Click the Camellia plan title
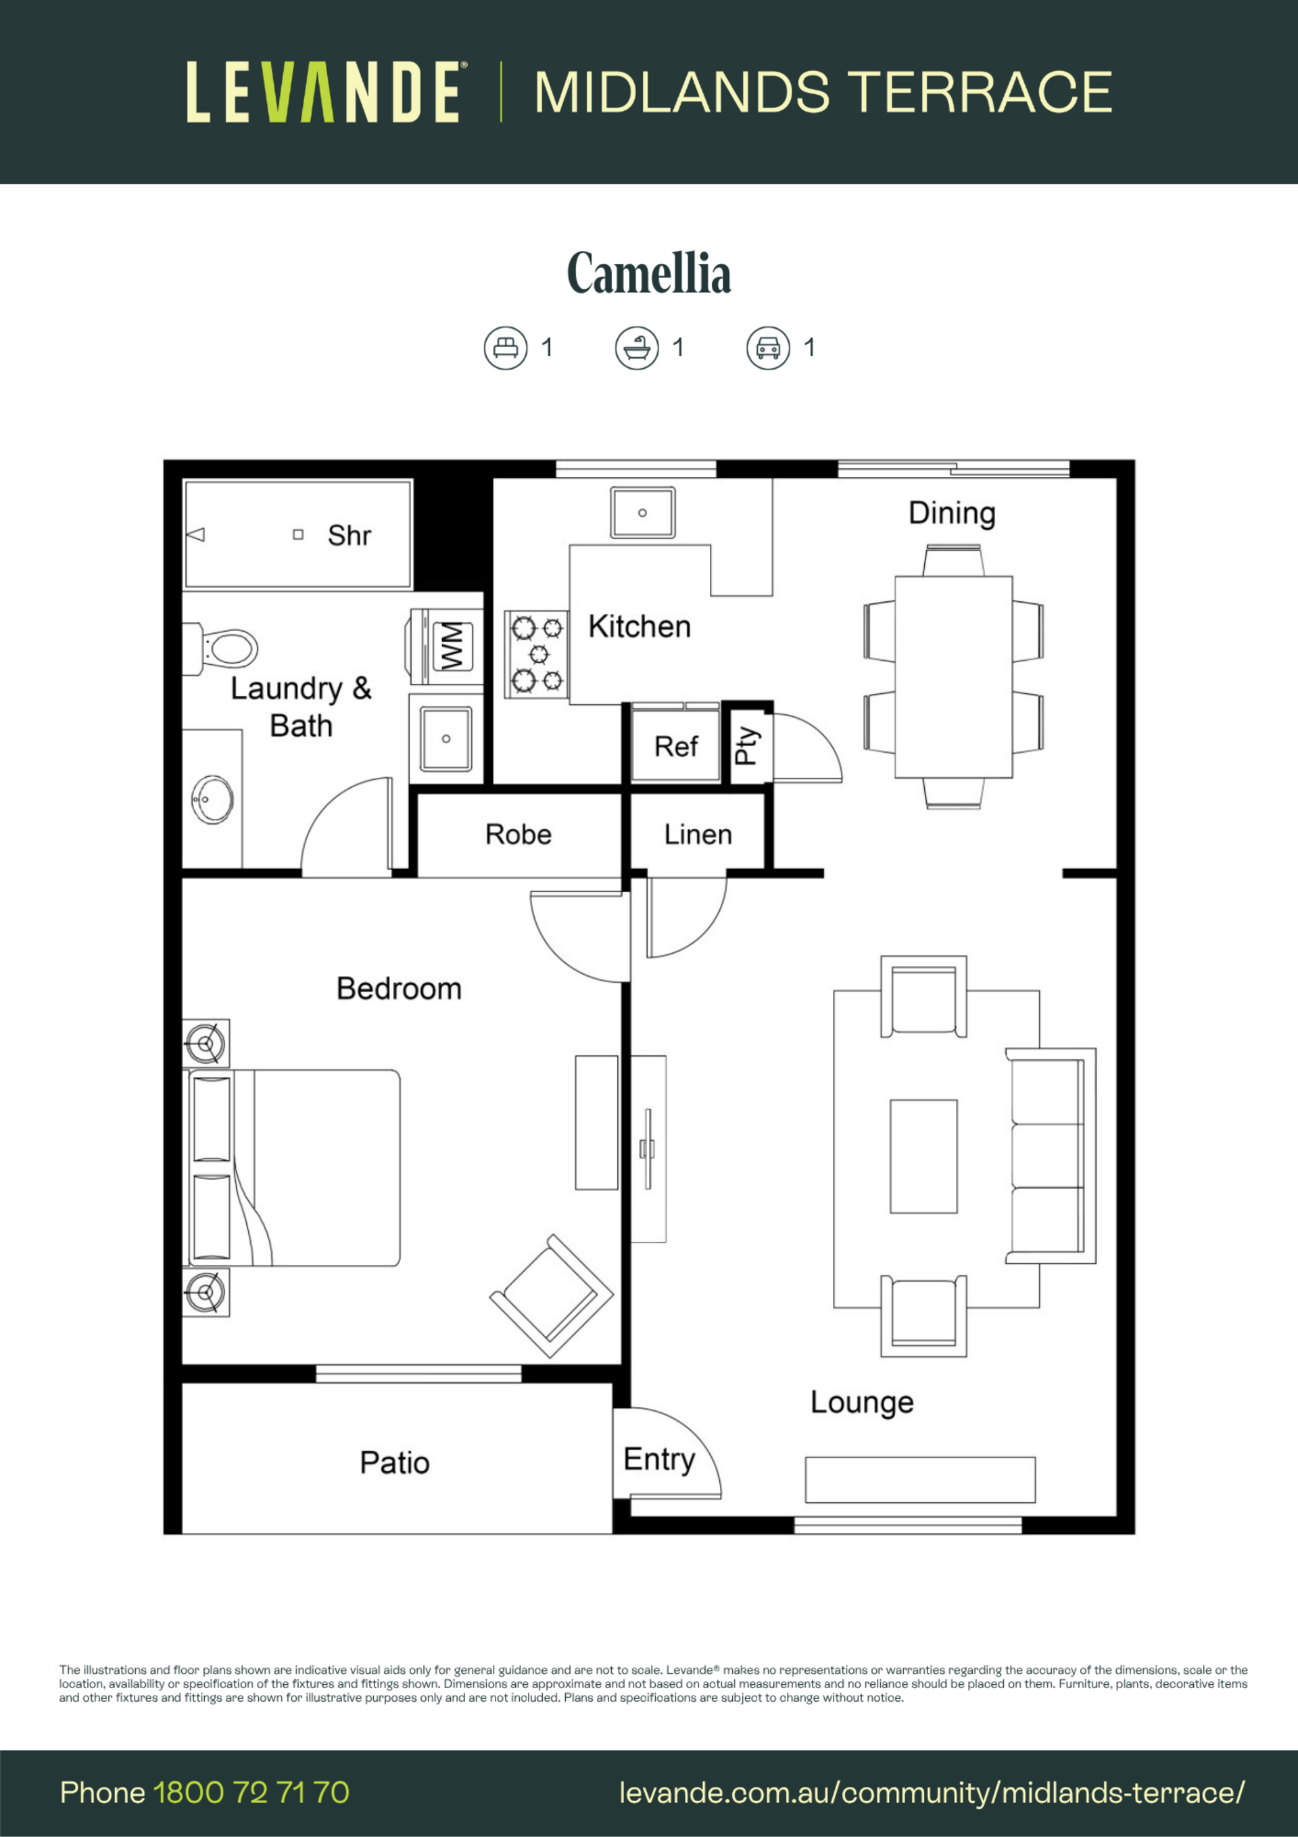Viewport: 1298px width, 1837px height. tap(648, 274)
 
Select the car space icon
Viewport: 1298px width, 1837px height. tap(768, 348)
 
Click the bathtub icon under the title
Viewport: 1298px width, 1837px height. tap(637, 348)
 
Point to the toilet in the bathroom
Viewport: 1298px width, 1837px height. tap(221, 648)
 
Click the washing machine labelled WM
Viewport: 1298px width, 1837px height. tap(447, 647)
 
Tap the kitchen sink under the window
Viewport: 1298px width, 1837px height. tap(642, 513)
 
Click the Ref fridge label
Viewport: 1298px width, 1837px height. tap(676, 747)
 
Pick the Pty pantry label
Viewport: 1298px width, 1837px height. tap(747, 745)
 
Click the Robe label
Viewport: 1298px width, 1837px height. tap(519, 835)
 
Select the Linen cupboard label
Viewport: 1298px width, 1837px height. tap(698, 835)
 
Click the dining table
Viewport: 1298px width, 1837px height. tap(953, 677)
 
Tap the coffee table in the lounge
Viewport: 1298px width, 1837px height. tap(923, 1156)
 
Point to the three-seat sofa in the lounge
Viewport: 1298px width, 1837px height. tap(1050, 1155)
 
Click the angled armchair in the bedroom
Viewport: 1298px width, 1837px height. tap(551, 1296)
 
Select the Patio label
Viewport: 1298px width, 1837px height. tap(394, 1462)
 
